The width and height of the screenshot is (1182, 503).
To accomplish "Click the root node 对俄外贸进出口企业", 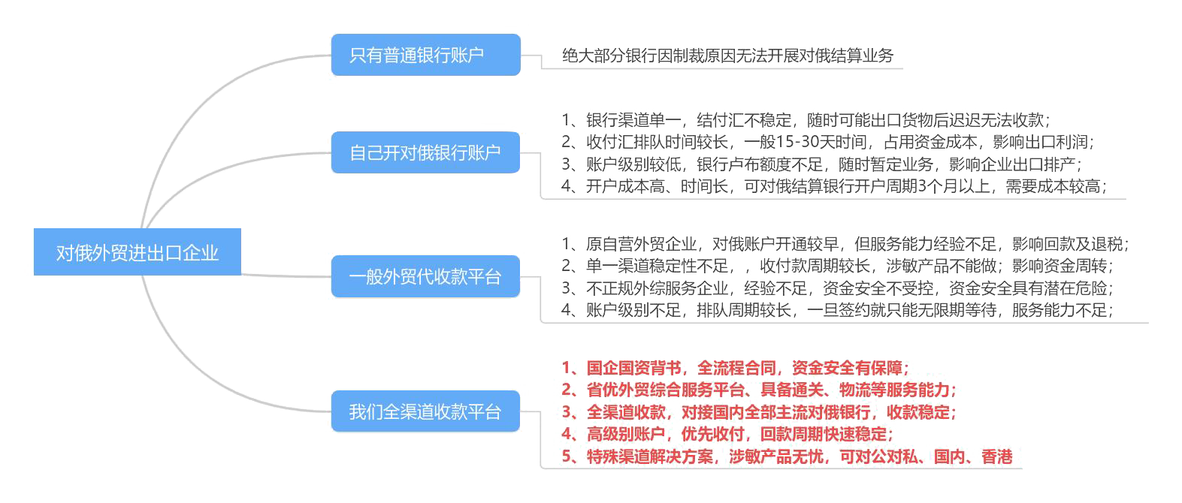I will (138, 252).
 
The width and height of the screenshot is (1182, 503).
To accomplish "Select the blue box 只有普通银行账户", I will (425, 55).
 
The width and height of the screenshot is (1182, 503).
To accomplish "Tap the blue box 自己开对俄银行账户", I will (425, 152).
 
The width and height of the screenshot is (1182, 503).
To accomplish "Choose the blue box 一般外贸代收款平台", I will (425, 276).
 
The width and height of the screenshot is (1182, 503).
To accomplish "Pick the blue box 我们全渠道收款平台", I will (425, 411).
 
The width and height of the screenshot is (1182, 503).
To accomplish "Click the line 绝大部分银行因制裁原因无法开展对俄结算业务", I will (727, 56).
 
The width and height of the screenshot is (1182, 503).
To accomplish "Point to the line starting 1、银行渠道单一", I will (806, 120).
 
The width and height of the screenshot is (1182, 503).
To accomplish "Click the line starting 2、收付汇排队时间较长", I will (827, 142).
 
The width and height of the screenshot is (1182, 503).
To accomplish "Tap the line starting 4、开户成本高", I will (834, 186).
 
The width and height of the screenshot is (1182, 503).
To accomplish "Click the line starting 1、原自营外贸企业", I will (845, 244).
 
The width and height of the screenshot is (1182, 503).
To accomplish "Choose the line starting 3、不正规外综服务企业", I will (837, 288).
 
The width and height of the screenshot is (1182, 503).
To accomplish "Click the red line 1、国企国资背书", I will (735, 368).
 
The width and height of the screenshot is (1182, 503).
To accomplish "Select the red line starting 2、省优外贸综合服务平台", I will (759, 390).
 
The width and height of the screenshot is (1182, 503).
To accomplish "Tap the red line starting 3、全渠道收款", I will (759, 412).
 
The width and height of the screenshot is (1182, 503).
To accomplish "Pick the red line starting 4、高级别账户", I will (727, 434).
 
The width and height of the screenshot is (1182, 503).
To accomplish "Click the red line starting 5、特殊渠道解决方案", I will (787, 456).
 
